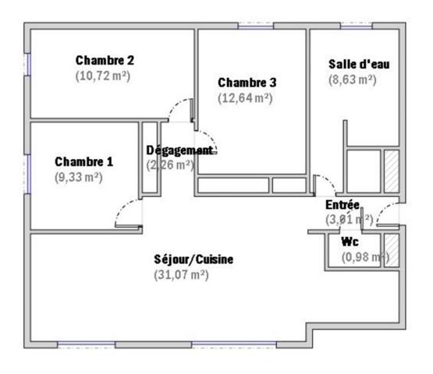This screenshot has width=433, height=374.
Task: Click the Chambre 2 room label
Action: [105, 60]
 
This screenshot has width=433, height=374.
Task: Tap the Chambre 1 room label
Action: [83, 162]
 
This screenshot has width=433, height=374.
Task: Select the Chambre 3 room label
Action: [247, 83]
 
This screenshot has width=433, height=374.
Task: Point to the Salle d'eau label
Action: [353, 63]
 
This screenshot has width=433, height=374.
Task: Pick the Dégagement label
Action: [179, 150]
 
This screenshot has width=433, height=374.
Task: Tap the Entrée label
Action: [342, 205]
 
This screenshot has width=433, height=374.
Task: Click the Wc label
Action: [350, 242]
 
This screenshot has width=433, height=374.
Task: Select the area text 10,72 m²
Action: [102, 76]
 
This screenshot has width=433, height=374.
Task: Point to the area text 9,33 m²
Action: [78, 178]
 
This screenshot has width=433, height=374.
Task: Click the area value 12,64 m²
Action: [245, 99]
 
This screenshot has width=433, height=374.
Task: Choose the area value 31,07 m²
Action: [181, 275]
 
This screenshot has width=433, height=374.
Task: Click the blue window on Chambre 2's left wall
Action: [28, 64]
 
